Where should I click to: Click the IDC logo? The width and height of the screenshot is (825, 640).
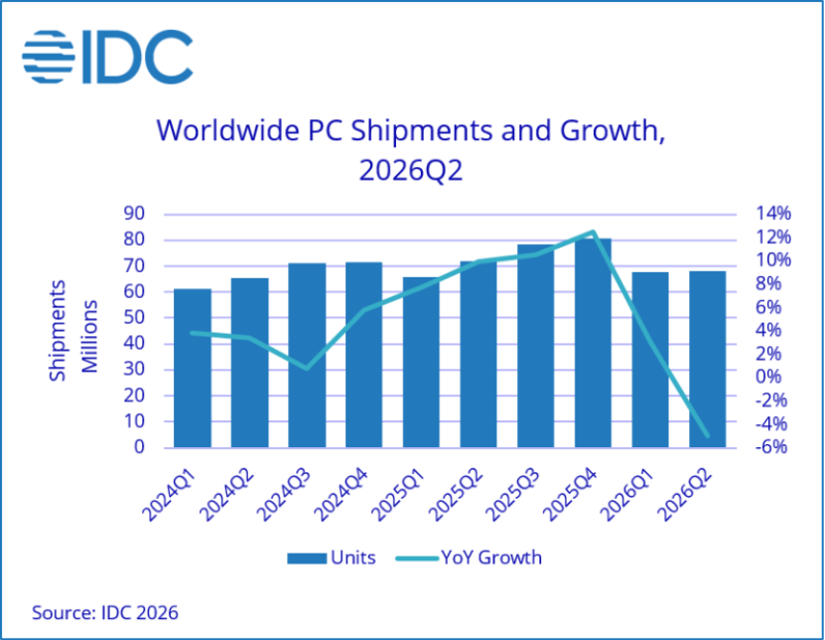pos(107,57)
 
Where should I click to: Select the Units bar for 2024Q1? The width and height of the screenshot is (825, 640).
pos(193,368)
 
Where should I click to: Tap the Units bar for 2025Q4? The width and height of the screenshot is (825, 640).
pos(593,343)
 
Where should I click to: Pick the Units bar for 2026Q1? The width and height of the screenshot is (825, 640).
pos(650,360)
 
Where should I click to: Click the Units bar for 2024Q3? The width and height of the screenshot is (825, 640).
pos(307,356)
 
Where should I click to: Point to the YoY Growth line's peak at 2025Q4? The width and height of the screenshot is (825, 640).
pos(593,232)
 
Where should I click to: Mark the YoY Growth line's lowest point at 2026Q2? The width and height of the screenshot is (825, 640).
pos(707,435)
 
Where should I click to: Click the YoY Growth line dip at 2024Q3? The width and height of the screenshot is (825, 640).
pos(307,368)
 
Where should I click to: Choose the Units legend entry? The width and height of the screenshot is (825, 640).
pos(332,558)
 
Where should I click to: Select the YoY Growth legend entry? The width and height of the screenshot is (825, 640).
pos(469,558)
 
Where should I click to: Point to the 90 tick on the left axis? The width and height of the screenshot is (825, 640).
pos(134,214)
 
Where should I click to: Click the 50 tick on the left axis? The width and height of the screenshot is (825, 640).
pos(134,318)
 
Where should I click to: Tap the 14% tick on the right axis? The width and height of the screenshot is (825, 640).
pos(773,214)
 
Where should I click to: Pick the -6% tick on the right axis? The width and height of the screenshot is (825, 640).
pos(771,446)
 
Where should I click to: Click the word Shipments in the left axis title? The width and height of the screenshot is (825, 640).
pos(57,331)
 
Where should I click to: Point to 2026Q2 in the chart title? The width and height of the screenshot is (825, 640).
pos(411,171)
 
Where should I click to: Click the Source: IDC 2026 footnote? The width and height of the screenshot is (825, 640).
pos(105,612)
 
